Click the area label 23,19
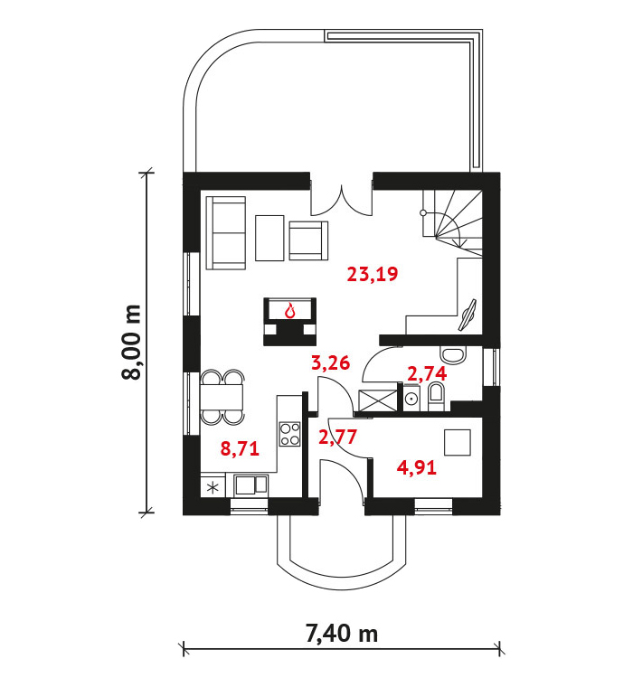[x=373, y=275]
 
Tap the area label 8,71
[x=240, y=449]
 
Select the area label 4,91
[x=417, y=468]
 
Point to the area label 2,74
[x=427, y=374]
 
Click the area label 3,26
[x=331, y=363]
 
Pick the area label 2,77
[x=337, y=438]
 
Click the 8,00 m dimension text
[x=131, y=343]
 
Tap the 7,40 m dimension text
[x=342, y=634]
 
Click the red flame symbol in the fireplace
[x=289, y=311]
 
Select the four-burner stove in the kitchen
[x=289, y=434]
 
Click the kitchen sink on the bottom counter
[x=250, y=485]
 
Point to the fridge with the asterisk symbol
[x=213, y=487]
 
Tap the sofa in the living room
[x=226, y=233]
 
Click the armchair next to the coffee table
[x=308, y=240]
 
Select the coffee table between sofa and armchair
[x=269, y=238]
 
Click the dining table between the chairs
[x=222, y=397]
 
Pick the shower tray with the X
[x=378, y=400]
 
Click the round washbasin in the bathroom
[x=411, y=399]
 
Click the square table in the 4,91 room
[x=458, y=443]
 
